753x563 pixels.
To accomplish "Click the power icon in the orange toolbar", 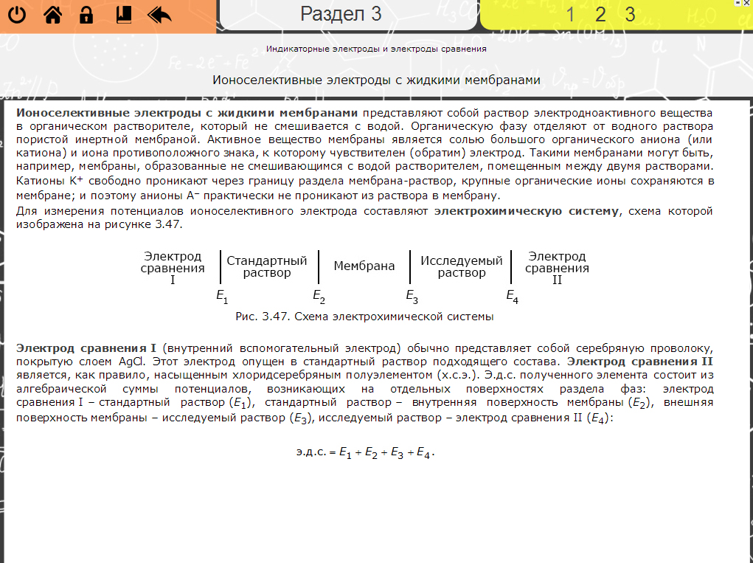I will pyautogui.click(x=17, y=15).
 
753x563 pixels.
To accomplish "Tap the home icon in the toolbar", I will pyautogui.click(x=52, y=15).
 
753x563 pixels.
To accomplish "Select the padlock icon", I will pyautogui.click(x=86, y=15).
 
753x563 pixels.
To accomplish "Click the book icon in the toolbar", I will pyautogui.click(x=123, y=15).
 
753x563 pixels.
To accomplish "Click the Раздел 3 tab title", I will pyautogui.click(x=341, y=14).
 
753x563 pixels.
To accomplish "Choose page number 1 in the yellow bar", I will pyautogui.click(x=571, y=15).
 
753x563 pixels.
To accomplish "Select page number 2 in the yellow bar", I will pyautogui.click(x=600, y=15).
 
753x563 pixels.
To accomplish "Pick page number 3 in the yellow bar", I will pyautogui.click(x=630, y=15).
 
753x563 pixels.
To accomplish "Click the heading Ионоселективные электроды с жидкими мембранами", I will pyautogui.click(x=377, y=80).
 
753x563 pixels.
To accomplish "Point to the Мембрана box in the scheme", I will pyautogui.click(x=364, y=266).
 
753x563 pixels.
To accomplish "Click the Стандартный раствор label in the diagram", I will pyautogui.click(x=266, y=266).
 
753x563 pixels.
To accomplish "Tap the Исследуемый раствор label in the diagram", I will pyautogui.click(x=462, y=266).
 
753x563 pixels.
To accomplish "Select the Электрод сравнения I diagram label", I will pyautogui.click(x=173, y=268).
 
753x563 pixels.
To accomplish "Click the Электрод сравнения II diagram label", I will pyautogui.click(x=557, y=268).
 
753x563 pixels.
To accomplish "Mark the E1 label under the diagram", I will pyautogui.click(x=222, y=296).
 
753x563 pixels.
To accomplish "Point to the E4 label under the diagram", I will pyautogui.click(x=512, y=296).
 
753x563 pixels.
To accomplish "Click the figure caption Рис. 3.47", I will pyautogui.click(x=364, y=317).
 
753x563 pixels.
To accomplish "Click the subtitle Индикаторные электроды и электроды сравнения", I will pyautogui.click(x=376, y=49).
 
